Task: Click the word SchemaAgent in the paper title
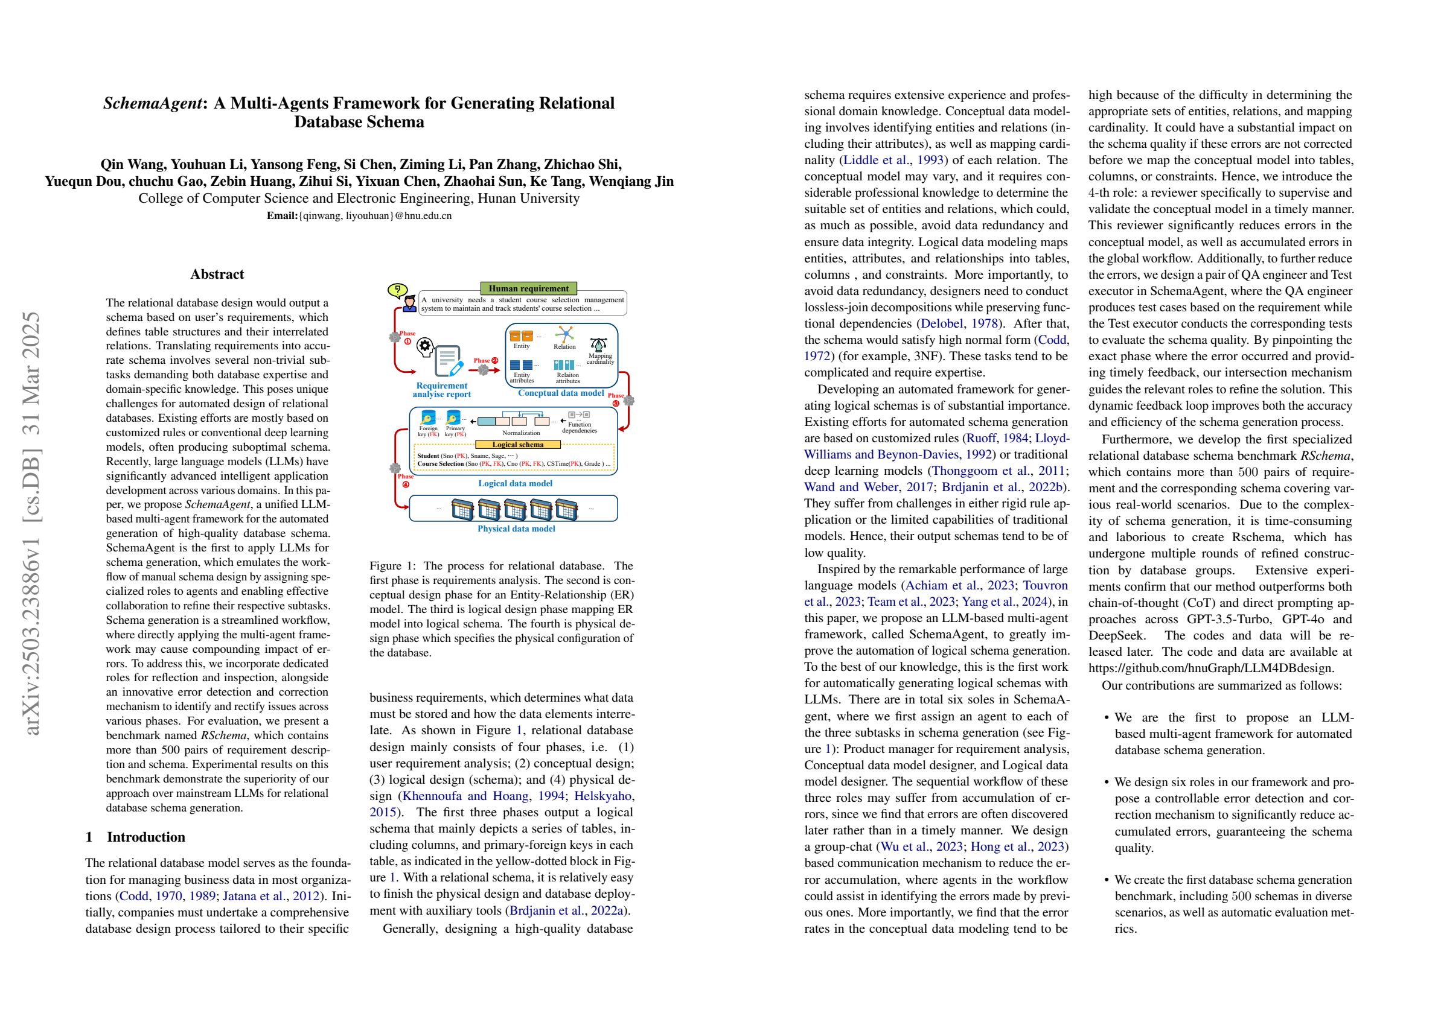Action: click(152, 103)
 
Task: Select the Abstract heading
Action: click(217, 274)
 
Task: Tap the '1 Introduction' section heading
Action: click(135, 837)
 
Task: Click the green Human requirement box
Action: click(528, 288)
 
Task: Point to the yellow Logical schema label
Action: click(517, 445)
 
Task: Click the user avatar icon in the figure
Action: click(409, 304)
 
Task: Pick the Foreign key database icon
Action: click(428, 418)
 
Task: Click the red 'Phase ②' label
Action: click(485, 361)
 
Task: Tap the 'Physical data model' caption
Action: click(516, 529)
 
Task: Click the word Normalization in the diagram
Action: click(520, 433)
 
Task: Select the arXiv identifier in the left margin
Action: click(31, 522)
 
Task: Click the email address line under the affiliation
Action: click(359, 216)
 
